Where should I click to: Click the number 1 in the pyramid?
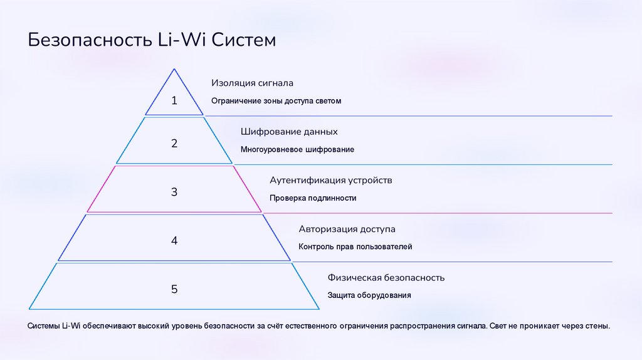(x=174, y=100)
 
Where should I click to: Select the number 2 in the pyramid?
(x=174, y=144)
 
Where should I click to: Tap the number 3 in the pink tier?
(x=174, y=192)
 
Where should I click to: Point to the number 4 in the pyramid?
(x=174, y=240)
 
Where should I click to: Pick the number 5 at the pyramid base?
(x=174, y=289)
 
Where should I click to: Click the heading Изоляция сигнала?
(x=252, y=83)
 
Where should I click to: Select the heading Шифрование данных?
(x=289, y=132)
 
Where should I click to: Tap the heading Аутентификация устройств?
(x=331, y=180)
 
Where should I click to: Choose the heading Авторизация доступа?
(x=347, y=229)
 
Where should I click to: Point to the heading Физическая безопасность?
(x=386, y=277)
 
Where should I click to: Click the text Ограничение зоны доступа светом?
(x=276, y=101)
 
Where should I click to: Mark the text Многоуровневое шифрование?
(x=297, y=150)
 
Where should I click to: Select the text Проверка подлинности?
(x=313, y=198)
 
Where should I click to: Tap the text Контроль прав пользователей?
(x=355, y=247)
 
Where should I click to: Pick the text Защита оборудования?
(x=369, y=295)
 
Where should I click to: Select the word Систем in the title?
(x=243, y=41)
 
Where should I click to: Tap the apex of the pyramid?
(x=174, y=70)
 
